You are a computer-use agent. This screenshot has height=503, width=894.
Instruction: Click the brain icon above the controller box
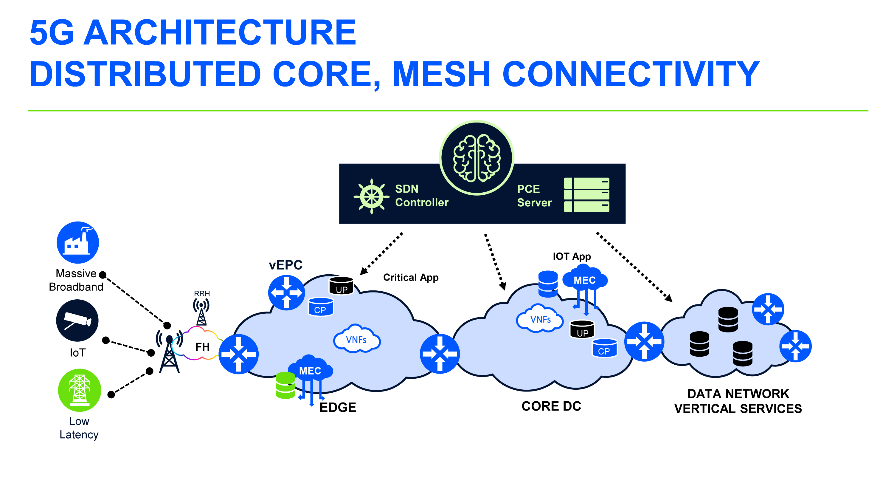click(x=477, y=158)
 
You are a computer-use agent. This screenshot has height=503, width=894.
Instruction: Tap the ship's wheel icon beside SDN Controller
click(x=371, y=196)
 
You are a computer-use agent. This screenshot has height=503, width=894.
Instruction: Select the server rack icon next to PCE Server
click(x=586, y=195)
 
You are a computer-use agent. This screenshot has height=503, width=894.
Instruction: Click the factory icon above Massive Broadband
click(x=78, y=242)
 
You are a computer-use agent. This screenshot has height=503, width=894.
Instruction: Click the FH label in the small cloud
click(x=202, y=347)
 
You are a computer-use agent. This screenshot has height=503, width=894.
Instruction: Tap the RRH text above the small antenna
click(x=202, y=294)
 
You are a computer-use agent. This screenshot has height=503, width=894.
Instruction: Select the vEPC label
click(x=285, y=265)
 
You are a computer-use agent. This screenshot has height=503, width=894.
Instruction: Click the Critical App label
click(x=411, y=277)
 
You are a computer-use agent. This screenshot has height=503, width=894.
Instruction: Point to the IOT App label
click(x=572, y=256)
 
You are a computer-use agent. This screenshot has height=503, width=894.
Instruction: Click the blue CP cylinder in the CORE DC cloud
click(x=604, y=348)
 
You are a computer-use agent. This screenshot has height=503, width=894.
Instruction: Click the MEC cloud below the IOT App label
click(x=585, y=279)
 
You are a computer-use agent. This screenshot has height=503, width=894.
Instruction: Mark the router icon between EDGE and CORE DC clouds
click(x=440, y=353)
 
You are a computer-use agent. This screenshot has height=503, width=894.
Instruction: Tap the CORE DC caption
click(x=551, y=406)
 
